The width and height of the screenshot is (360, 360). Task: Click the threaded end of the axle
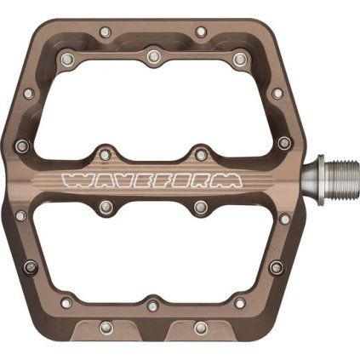pyautogui.click(x=341, y=179)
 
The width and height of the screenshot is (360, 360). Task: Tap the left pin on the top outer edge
pyautogui.click(x=106, y=32)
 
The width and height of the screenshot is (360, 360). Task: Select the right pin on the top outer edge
pyautogui.click(x=201, y=32)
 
